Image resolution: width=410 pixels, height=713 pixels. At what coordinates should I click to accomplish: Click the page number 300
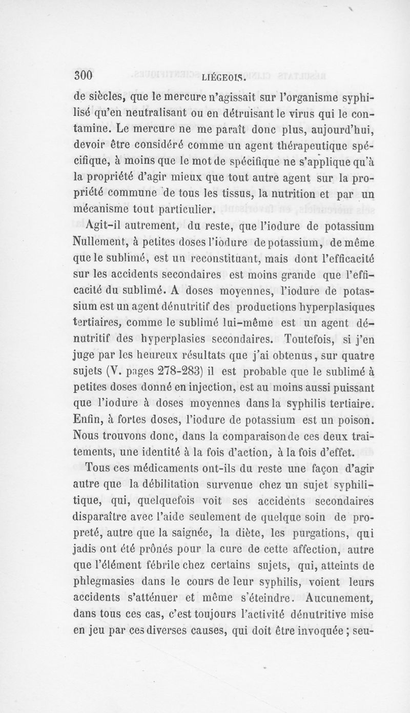(83, 76)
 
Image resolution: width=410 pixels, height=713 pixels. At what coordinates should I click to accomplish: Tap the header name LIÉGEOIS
(225, 78)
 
